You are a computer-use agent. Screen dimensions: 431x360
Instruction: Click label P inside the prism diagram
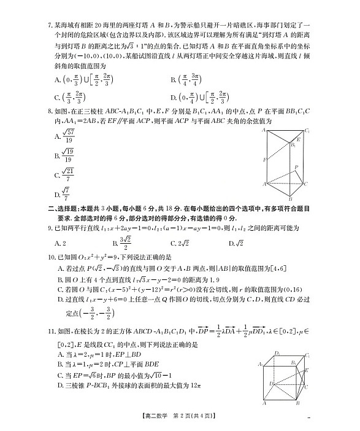(x=297, y=167)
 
